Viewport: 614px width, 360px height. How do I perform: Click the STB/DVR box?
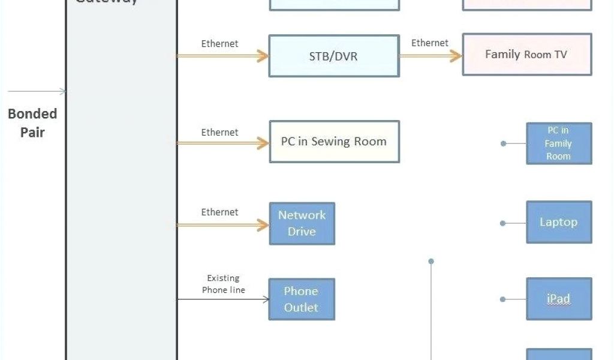tap(334, 56)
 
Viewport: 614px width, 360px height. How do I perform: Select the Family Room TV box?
tap(526, 55)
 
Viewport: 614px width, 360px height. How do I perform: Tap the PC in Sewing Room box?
tap(334, 142)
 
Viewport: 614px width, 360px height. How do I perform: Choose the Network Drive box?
tap(302, 223)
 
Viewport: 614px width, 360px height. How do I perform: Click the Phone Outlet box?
tap(301, 299)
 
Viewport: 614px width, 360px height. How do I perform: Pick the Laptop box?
tap(559, 222)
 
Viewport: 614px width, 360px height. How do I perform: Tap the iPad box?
tap(559, 299)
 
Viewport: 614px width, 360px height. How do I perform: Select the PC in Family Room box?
tap(559, 143)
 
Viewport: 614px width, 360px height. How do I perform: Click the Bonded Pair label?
tap(32, 123)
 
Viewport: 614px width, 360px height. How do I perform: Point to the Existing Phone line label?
tap(223, 284)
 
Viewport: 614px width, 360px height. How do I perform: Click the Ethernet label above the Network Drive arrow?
tap(219, 212)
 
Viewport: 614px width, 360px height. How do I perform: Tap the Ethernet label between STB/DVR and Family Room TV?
tap(429, 43)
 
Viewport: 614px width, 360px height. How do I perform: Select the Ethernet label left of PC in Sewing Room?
tap(219, 132)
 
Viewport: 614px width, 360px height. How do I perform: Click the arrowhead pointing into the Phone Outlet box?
tap(266, 299)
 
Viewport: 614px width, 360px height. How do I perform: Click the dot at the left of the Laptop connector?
tap(504, 223)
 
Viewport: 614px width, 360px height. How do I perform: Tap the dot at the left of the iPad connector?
tap(504, 299)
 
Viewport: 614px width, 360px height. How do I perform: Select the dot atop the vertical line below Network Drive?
tap(431, 261)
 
